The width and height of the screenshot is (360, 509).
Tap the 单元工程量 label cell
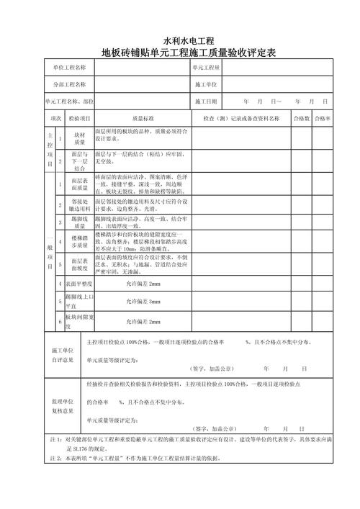(206, 68)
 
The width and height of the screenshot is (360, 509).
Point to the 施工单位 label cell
(206, 85)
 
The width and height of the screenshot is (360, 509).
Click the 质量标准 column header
(143, 117)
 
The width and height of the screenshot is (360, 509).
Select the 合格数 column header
(300, 117)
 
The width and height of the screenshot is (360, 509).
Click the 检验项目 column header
(79, 117)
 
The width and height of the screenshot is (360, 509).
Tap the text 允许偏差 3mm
(143, 300)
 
